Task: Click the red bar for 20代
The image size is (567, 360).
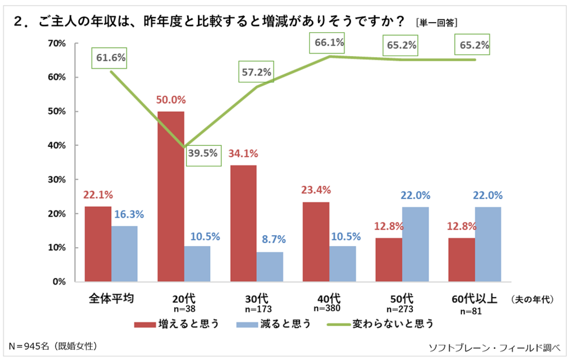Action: click(x=171, y=196)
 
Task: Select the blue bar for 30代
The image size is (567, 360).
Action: click(x=269, y=266)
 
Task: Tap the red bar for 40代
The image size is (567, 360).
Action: click(x=316, y=242)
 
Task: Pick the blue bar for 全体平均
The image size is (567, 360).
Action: click(x=124, y=253)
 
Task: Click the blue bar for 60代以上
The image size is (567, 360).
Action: click(x=488, y=244)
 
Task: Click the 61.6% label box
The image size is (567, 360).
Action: click(x=111, y=57)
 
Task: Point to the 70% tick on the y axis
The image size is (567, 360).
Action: click(x=57, y=43)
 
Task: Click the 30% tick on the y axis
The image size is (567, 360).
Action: click(x=57, y=179)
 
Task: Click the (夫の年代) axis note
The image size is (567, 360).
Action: click(x=532, y=299)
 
